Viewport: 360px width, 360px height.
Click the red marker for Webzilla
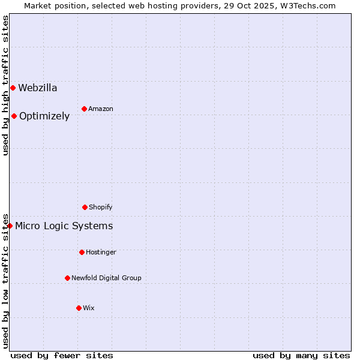coord(13,88)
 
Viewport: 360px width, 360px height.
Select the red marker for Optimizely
coord(14,116)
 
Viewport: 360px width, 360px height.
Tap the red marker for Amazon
coord(84,109)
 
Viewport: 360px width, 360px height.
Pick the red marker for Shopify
coord(85,208)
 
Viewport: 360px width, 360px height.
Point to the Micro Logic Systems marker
coord(10,226)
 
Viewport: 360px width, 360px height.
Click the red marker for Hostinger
coord(82,253)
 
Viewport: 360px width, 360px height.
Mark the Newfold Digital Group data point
coord(67,278)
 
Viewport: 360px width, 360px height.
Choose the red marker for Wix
coord(79,308)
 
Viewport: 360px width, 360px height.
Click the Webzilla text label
coord(38,88)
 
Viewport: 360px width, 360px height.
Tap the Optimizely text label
coord(44,116)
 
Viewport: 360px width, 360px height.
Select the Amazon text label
coord(101,109)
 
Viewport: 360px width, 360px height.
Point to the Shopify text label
coord(101,208)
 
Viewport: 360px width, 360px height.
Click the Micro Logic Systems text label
coord(64,226)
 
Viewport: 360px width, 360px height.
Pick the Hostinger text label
coord(101,253)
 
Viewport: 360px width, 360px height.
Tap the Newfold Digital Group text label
coord(106,278)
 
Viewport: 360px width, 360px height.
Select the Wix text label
coord(89,308)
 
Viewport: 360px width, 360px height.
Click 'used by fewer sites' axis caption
coord(62,356)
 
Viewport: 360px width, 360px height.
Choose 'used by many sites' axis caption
coord(301,356)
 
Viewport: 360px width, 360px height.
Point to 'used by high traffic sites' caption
coord(5,85)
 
